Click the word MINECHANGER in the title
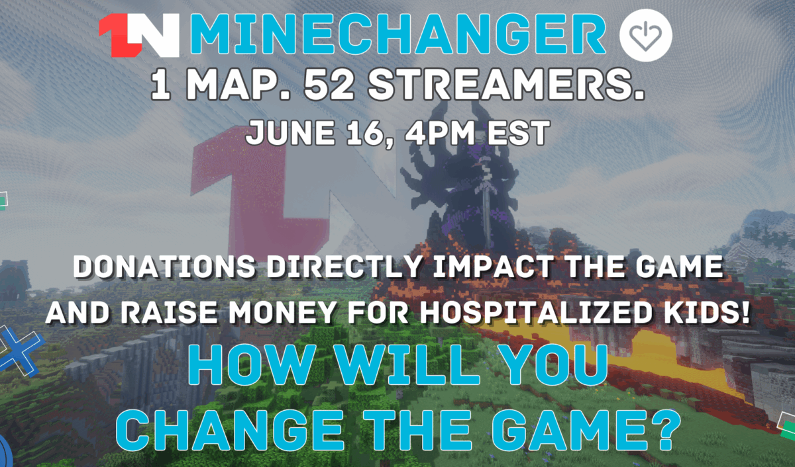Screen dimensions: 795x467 tap(398, 34)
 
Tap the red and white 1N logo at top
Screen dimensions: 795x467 tap(138, 35)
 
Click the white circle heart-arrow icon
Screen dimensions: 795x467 tap(645, 36)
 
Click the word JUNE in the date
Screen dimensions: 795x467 tap(291, 133)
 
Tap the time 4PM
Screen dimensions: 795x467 tap(439, 133)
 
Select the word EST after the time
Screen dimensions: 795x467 tap(519, 133)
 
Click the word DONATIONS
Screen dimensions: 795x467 tap(164, 267)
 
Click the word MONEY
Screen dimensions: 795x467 tap(282, 312)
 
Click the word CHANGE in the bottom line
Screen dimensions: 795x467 tap(229, 430)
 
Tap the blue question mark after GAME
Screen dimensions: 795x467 tap(664, 430)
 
